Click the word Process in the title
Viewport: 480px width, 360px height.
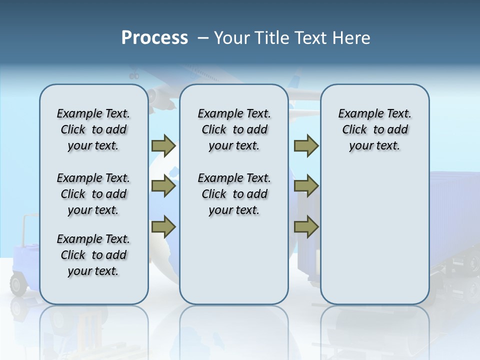click(x=154, y=37)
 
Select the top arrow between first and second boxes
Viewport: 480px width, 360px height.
click(x=163, y=145)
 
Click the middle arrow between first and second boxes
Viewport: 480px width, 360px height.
click(x=163, y=186)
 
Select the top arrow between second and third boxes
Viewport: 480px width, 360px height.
click(x=306, y=145)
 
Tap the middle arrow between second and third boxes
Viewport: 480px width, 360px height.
click(x=306, y=186)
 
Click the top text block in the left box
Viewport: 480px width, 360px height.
click(x=93, y=129)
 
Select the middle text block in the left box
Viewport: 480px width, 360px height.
click(x=93, y=194)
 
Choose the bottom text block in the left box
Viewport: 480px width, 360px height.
click(x=93, y=255)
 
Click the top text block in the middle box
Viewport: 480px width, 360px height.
click(x=234, y=129)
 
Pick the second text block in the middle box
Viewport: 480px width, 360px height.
click(x=234, y=194)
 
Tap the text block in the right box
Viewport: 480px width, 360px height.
click(x=374, y=129)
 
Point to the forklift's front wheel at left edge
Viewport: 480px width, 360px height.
click(x=18, y=285)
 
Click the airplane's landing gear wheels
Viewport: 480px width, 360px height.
click(x=134, y=76)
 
